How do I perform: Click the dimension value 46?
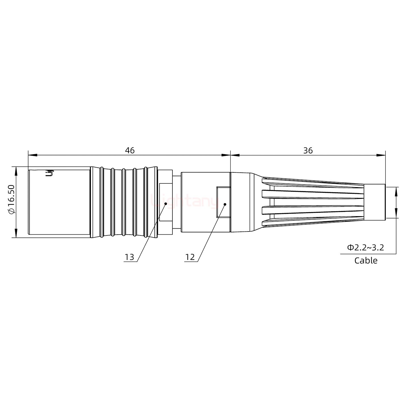(130, 151)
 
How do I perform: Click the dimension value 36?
(308, 151)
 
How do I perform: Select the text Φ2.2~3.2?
(366, 247)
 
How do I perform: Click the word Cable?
(366, 260)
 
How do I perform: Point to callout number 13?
(129, 257)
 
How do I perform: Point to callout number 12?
(190, 257)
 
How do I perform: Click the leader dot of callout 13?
(166, 203)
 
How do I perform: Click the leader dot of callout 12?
(225, 204)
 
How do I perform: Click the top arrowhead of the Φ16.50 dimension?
(16, 170)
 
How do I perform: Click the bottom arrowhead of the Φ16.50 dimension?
(16, 233)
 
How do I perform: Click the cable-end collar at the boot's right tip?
(374, 202)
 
